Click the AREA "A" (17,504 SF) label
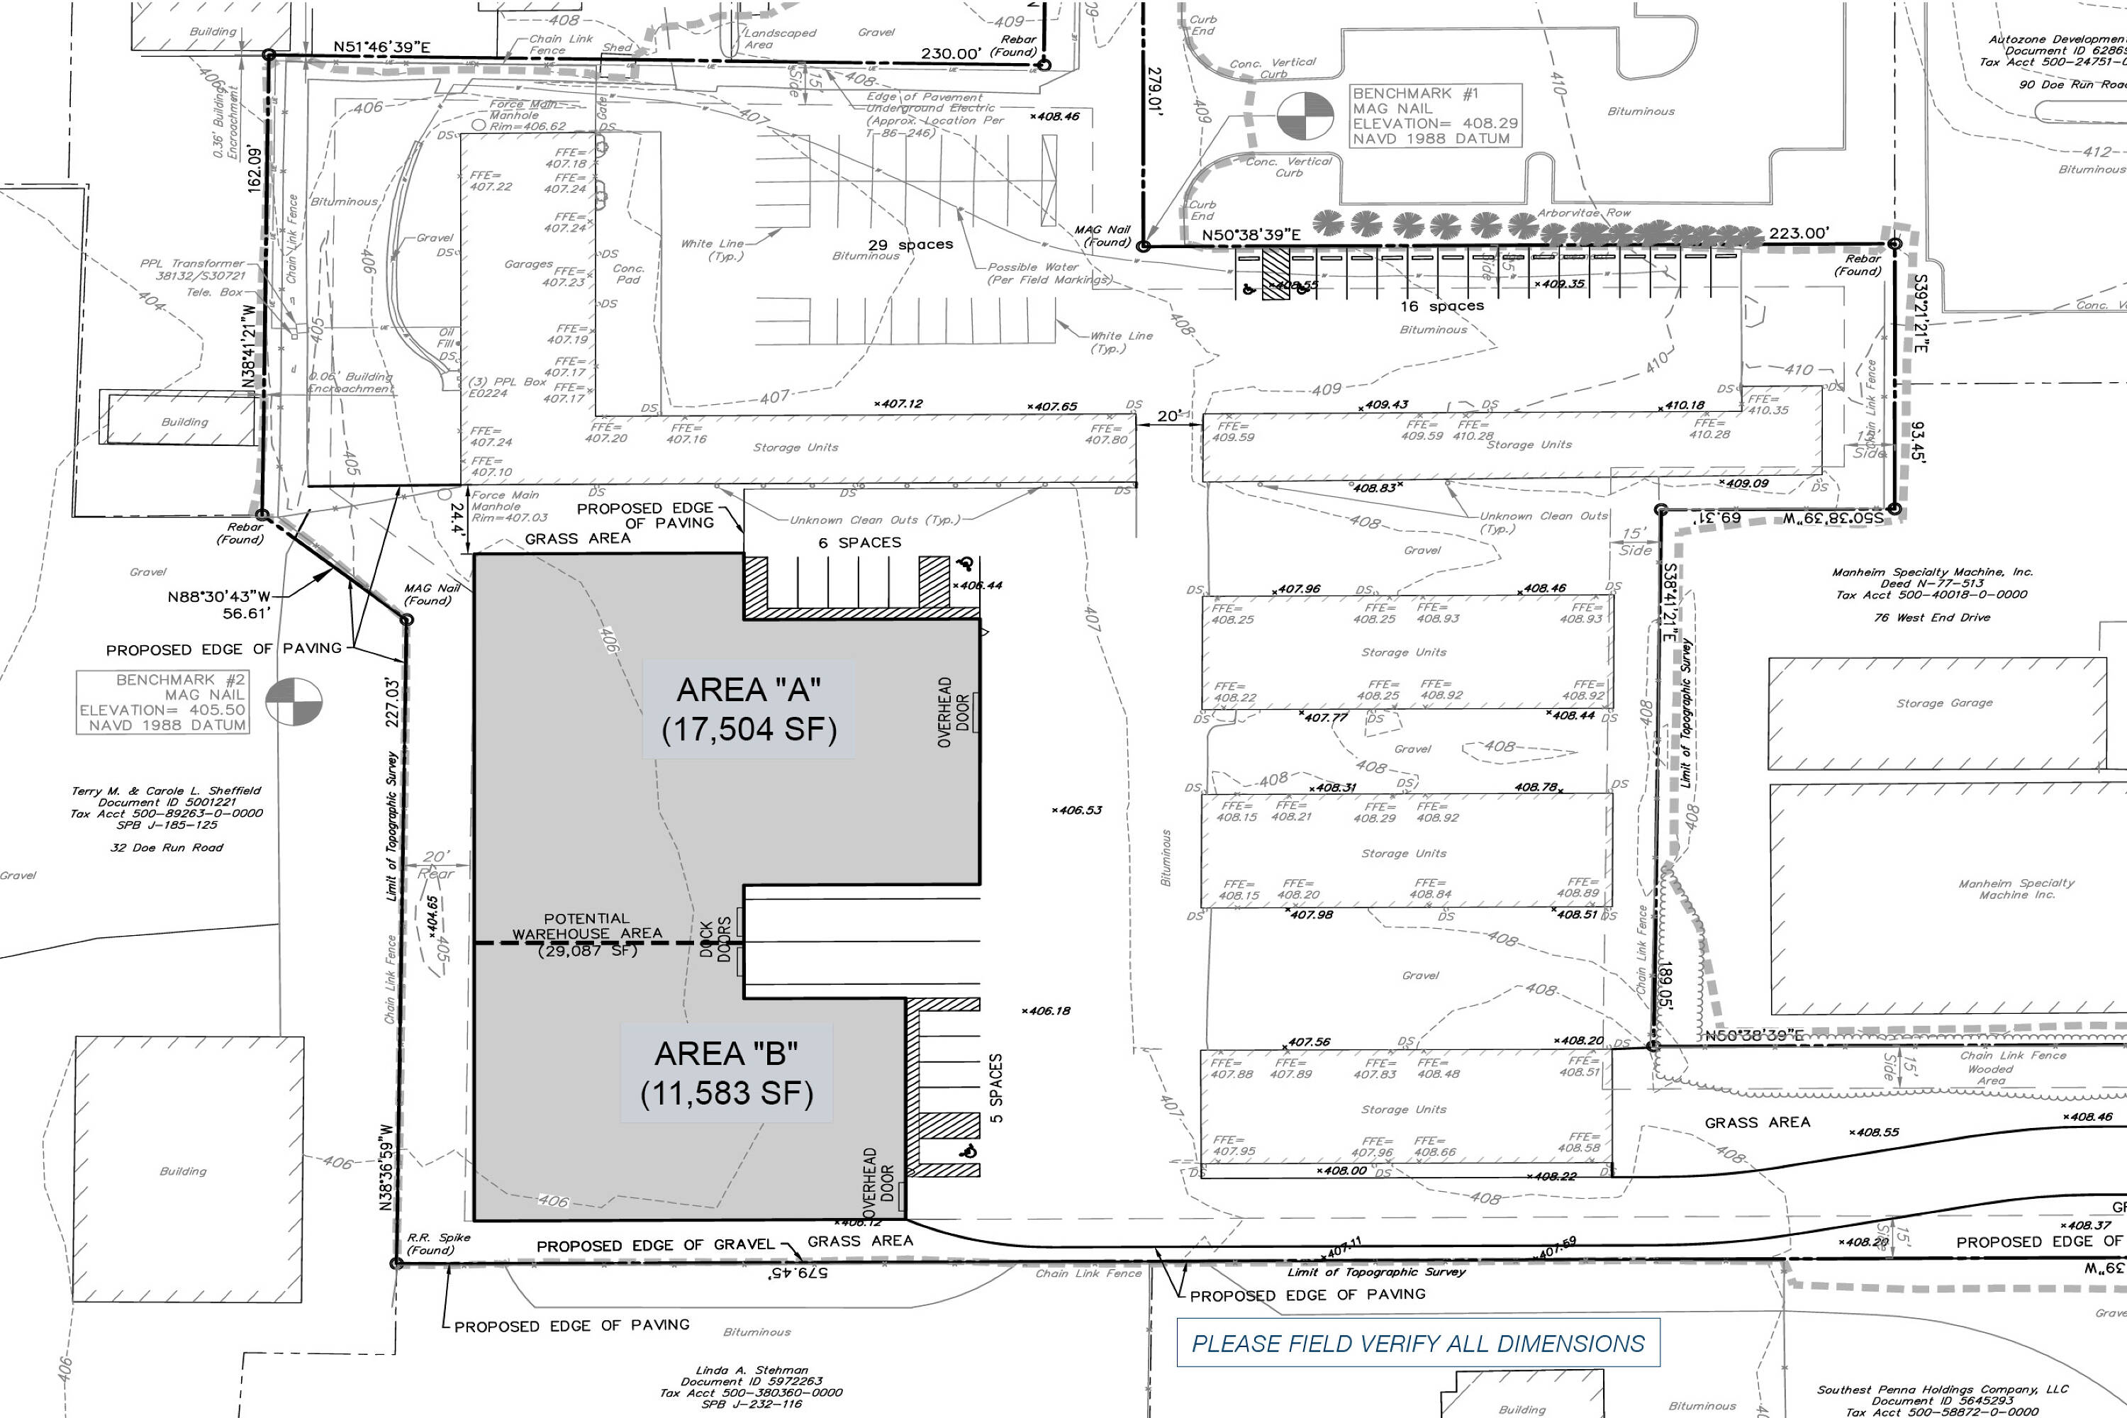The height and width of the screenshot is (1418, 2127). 749,709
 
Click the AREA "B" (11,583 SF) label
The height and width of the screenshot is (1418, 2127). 726,1073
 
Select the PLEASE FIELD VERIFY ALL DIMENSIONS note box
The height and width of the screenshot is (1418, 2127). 1417,1343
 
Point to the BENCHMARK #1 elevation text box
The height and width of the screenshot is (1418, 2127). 1435,116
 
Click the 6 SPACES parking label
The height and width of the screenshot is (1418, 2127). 860,542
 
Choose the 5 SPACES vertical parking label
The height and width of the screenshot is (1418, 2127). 995,1088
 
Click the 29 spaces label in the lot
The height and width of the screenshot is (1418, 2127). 910,244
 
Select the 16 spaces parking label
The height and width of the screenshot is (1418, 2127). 1441,306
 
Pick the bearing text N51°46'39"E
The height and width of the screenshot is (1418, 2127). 381,47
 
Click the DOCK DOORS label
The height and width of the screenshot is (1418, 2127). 715,941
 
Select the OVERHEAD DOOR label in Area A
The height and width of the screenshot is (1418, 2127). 953,713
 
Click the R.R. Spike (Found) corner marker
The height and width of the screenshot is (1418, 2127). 396,1263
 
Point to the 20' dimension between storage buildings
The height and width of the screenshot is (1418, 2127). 1168,416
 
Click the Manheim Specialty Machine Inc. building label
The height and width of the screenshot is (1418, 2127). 2016,889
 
